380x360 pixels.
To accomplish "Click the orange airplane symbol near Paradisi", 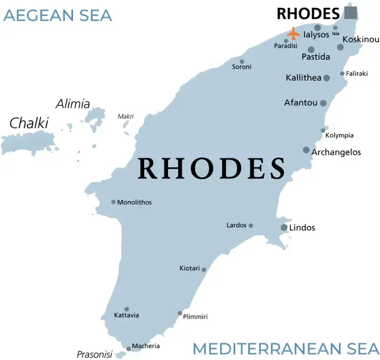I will (293, 33).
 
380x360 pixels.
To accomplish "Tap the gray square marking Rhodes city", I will (350, 12).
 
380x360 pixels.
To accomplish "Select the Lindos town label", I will (302, 228).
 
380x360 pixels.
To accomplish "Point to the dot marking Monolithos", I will (113, 202).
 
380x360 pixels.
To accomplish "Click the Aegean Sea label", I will (58, 15).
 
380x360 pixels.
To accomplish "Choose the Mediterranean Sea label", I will (285, 349).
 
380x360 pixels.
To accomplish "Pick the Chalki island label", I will (28, 123).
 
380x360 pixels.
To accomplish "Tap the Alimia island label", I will (72, 104).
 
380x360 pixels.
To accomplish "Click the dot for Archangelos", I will (306, 150).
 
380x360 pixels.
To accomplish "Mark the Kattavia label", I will (126, 315).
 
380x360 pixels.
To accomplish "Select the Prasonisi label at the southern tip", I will (94, 355).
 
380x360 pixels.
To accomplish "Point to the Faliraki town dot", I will (342, 74).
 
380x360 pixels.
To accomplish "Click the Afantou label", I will (300, 103).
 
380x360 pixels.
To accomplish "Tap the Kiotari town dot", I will (204, 270).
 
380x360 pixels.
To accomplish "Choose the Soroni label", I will (241, 67).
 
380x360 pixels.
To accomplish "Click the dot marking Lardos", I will (251, 225).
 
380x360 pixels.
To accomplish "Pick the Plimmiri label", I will (195, 317).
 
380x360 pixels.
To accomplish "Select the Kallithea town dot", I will (327, 78).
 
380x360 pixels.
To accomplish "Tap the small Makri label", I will (125, 116).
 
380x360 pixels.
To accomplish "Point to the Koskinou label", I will (360, 39).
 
